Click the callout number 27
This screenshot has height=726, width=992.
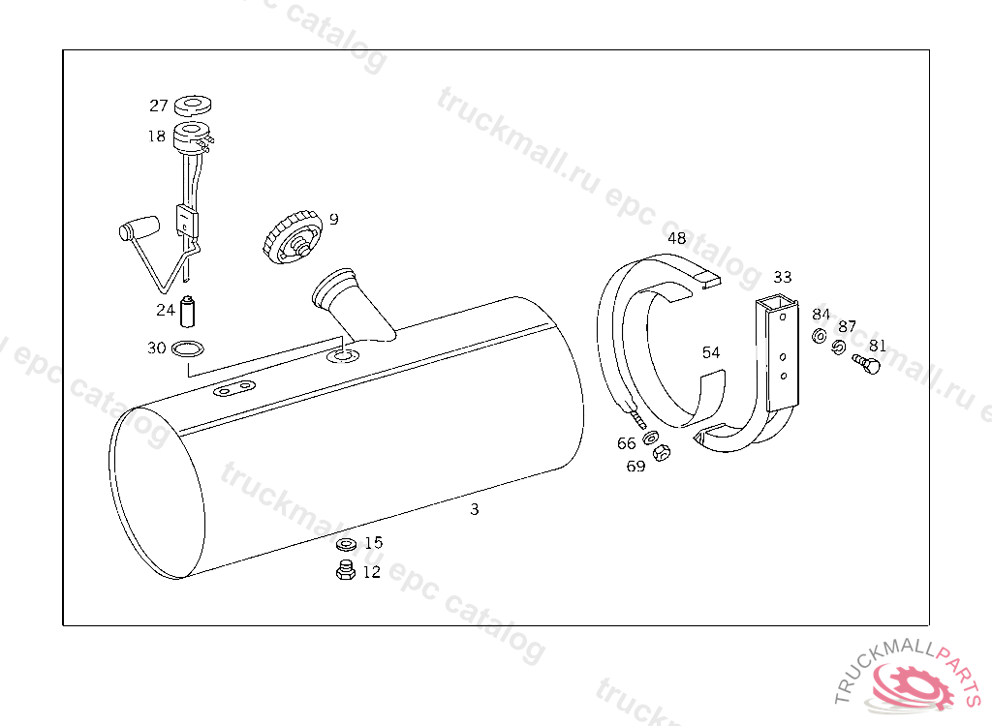pos(159,106)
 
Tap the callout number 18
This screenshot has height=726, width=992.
pos(157,136)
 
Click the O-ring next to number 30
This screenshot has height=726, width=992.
pos(189,348)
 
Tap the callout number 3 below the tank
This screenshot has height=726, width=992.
pos(474,509)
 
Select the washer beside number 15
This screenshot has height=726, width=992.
pos(346,545)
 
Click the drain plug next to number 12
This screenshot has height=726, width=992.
pos(344,571)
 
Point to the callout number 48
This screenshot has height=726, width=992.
pos(676,238)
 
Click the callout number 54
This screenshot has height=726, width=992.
pos(711,352)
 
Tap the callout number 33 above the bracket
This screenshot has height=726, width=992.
pos(783,277)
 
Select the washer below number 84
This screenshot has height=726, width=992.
pos(819,337)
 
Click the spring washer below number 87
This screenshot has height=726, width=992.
pos(839,347)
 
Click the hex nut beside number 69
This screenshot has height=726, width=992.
pos(663,452)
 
